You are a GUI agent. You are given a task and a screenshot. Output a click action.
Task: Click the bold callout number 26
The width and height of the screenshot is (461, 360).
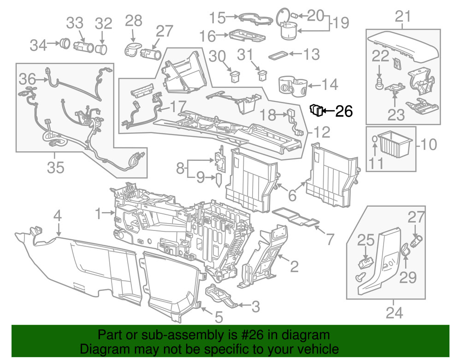click(343, 111)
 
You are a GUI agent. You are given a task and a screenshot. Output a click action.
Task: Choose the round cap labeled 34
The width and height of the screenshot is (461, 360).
click(65, 44)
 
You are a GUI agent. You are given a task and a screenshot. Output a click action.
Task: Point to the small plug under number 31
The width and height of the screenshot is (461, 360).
click(262, 74)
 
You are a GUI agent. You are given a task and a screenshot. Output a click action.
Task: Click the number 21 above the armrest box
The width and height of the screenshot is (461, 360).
click(402, 17)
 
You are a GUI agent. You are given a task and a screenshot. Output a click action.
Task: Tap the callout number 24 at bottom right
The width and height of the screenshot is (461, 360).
click(394, 313)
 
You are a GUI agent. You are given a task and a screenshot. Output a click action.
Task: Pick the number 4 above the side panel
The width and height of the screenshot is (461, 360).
click(57, 216)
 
